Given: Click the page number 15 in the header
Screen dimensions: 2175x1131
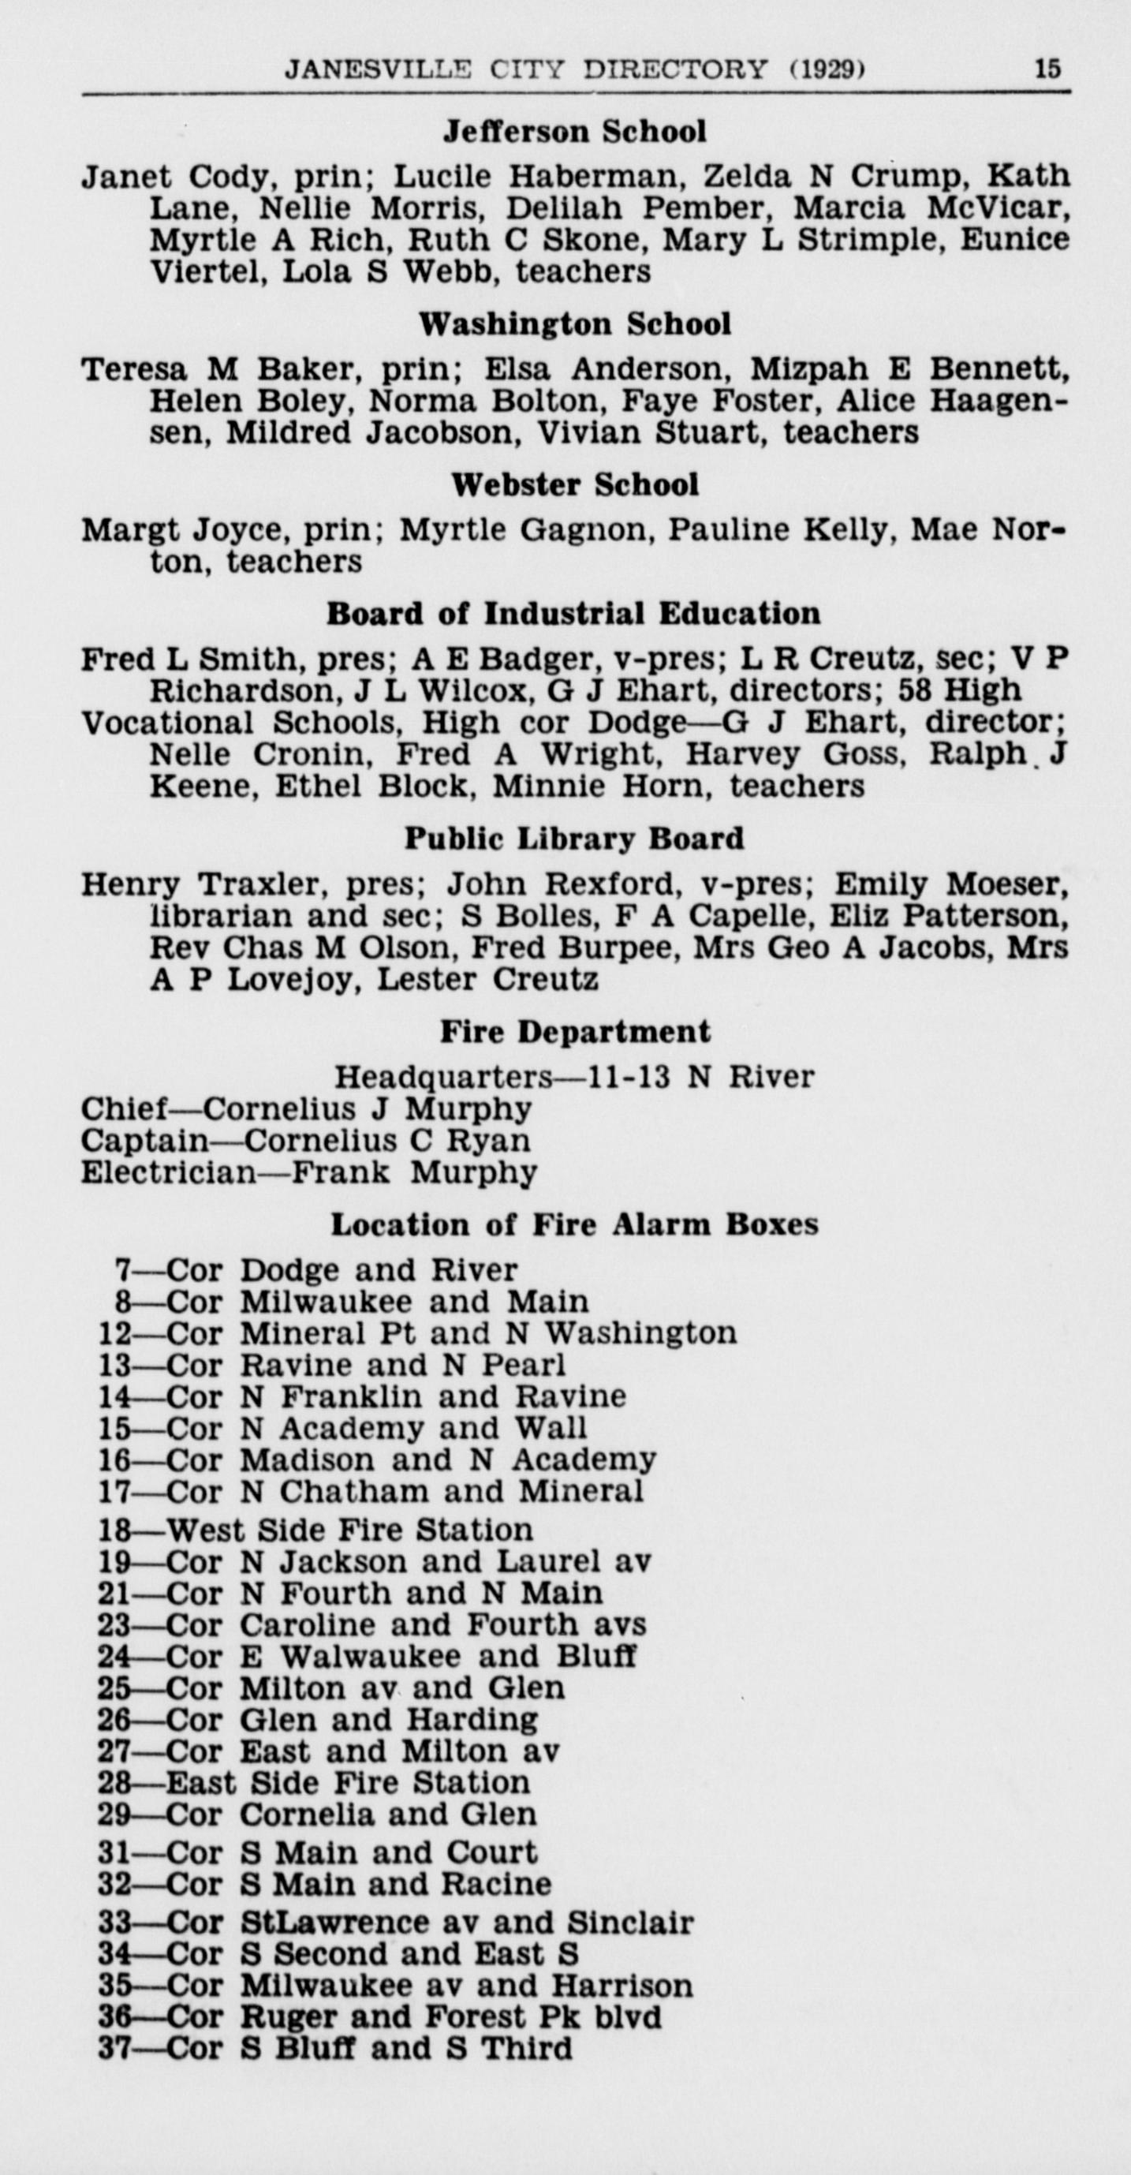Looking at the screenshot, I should tap(1047, 68).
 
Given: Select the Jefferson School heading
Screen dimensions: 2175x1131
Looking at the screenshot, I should tap(575, 131).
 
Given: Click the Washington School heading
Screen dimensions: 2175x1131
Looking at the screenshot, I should tap(575, 323).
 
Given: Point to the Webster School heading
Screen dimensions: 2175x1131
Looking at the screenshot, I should tap(575, 484).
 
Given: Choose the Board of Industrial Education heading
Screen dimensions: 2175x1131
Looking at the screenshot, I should tap(573, 613).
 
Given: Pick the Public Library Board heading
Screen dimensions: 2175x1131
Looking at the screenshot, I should tap(574, 839).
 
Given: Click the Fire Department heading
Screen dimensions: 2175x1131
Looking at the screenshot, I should tap(575, 1031).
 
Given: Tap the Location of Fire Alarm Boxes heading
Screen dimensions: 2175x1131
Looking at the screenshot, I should tap(574, 1224).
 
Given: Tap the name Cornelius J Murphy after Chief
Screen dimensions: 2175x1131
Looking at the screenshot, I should tap(368, 1108).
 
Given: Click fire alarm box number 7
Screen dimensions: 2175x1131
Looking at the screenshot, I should tap(123, 1270).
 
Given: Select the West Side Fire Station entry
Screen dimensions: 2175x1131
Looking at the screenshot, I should tap(349, 1530).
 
